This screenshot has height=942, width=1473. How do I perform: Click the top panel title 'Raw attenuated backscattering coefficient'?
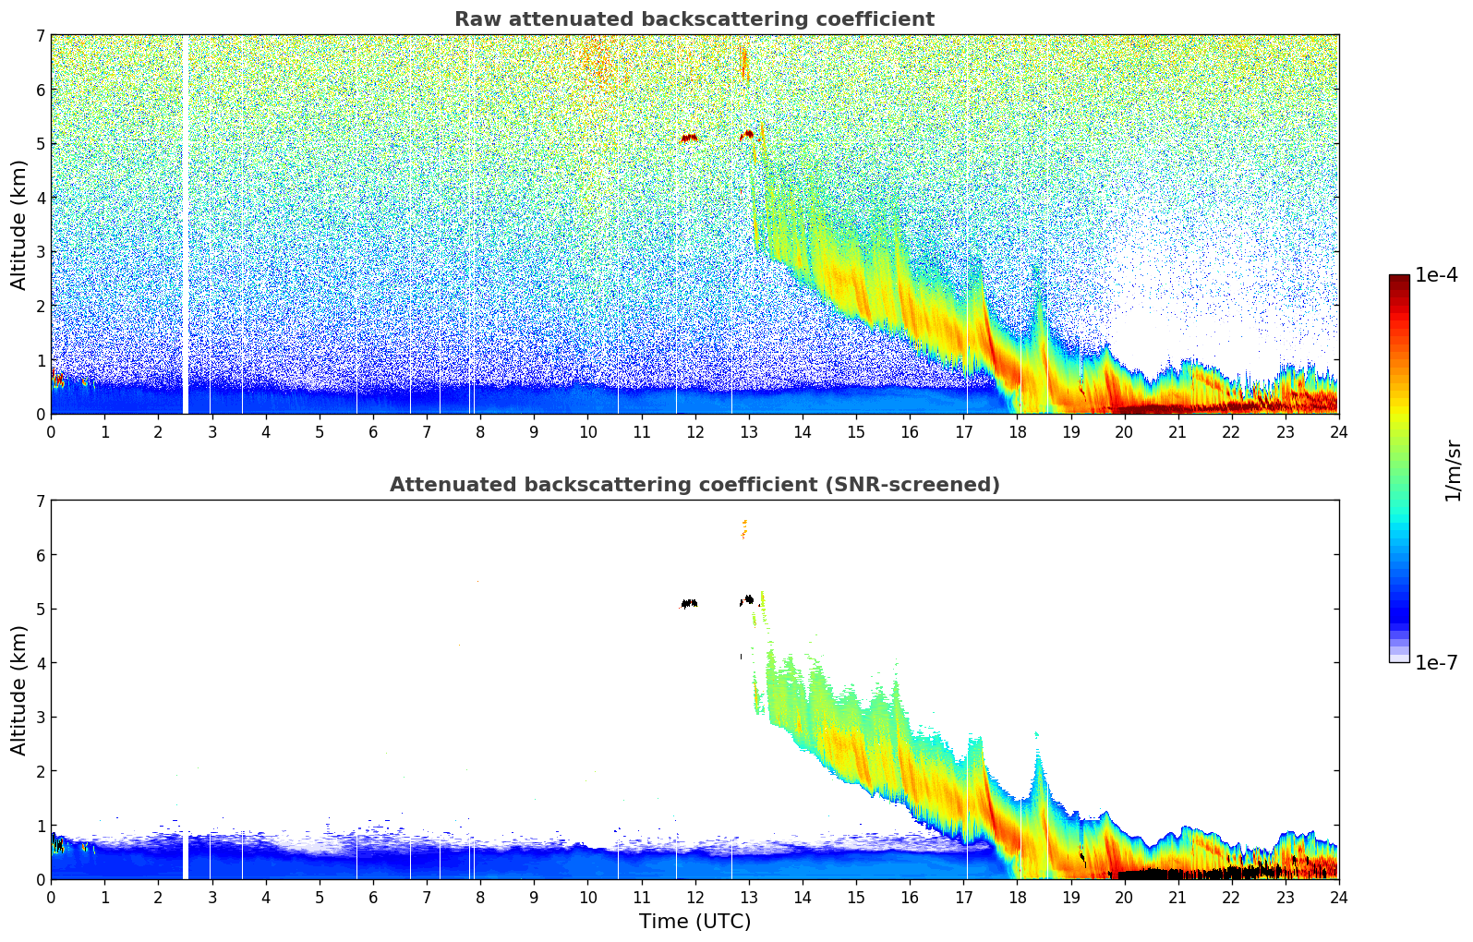[694, 19]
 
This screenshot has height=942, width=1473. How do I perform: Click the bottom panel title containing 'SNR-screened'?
[694, 485]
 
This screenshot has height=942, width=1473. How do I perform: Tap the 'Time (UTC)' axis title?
[694, 922]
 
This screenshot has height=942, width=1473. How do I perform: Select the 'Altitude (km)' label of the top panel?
[19, 224]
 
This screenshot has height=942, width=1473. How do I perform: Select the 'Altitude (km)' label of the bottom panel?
[19, 690]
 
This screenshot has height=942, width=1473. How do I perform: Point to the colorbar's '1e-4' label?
[1436, 275]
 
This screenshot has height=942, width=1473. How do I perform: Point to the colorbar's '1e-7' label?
[1436, 662]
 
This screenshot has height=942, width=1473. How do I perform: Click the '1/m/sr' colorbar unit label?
[1453, 469]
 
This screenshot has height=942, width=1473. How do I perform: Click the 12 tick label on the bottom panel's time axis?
[694, 897]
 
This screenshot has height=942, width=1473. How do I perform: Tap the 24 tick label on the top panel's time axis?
[1338, 431]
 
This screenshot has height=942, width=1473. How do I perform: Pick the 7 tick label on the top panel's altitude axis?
[40, 36]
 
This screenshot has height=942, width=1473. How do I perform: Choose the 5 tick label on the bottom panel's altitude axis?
[40, 610]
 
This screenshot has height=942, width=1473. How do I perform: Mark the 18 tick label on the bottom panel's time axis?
[1017, 897]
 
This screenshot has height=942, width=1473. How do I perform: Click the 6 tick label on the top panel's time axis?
[373, 431]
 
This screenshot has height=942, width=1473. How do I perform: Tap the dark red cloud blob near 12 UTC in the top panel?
[689, 139]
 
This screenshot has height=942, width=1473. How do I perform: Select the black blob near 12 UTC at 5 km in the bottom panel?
[689, 603]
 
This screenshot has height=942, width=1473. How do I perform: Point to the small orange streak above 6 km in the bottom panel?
[743, 528]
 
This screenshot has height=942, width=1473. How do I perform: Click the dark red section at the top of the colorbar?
[1399, 282]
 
